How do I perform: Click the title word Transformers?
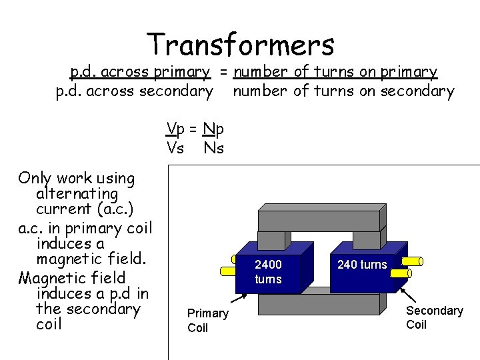241,45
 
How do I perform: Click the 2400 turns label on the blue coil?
269,272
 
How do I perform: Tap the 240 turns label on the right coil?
362,265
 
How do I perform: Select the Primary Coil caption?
207,321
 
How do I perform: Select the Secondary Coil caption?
434,317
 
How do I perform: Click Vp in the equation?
176,129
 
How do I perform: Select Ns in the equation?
214,148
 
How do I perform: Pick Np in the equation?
214,129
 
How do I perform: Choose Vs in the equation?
175,148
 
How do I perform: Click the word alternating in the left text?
77,194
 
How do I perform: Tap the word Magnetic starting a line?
53,277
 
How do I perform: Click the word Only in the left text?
35,178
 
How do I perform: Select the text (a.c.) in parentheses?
115,209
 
